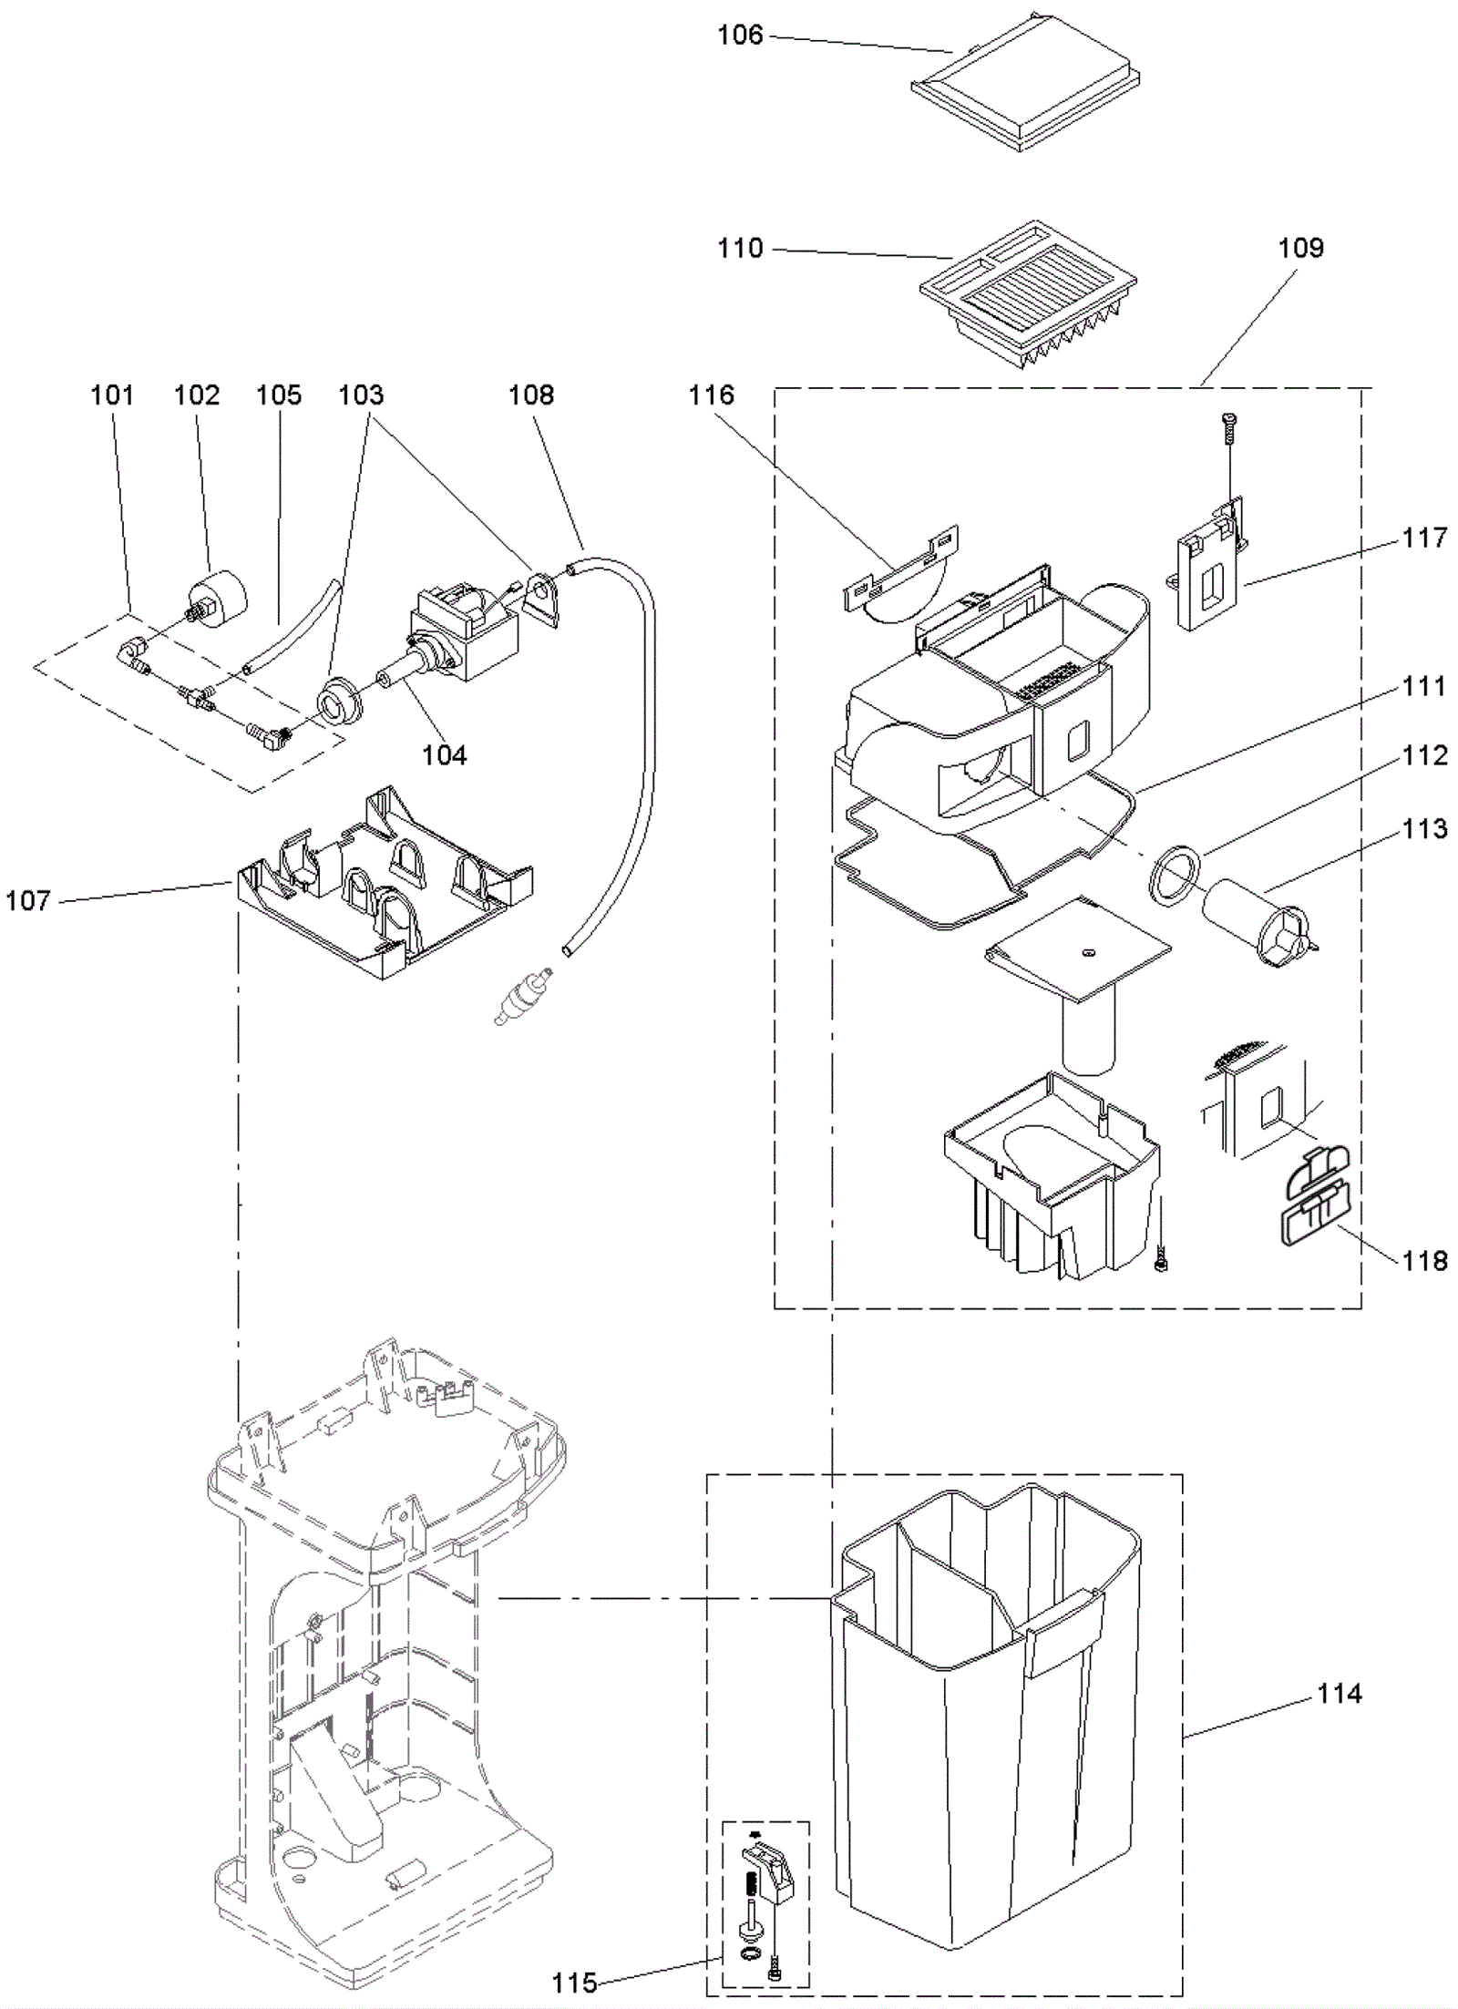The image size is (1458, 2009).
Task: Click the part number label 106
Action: coord(739,36)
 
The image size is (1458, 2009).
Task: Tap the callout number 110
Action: coord(739,248)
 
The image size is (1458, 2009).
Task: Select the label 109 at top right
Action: coord(1300,248)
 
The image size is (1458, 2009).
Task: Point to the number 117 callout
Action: coord(1424,538)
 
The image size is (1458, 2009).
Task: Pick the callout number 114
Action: coord(1339,1694)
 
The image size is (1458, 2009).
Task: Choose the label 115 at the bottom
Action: coord(574,1983)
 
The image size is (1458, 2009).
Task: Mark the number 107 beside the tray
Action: coord(28,901)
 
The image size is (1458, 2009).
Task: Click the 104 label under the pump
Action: coord(444,755)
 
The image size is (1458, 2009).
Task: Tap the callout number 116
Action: coord(711,395)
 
